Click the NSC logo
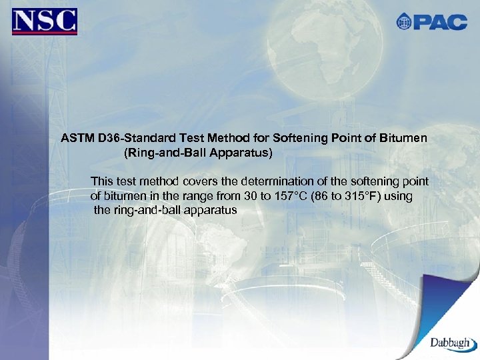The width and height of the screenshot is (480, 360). coord(45,21)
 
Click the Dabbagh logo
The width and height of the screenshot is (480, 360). coord(452,342)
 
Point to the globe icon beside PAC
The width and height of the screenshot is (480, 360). coord(405,22)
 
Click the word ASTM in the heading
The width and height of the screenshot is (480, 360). coord(77,139)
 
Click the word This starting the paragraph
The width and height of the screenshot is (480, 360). coord(101,181)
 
